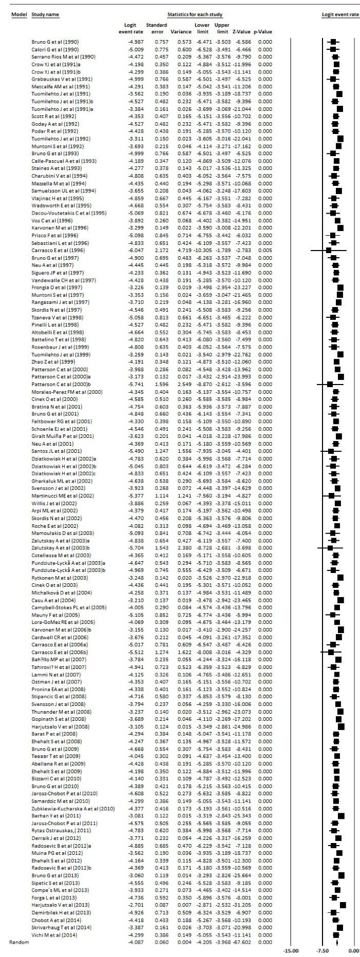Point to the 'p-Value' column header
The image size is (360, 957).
(x=265, y=32)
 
